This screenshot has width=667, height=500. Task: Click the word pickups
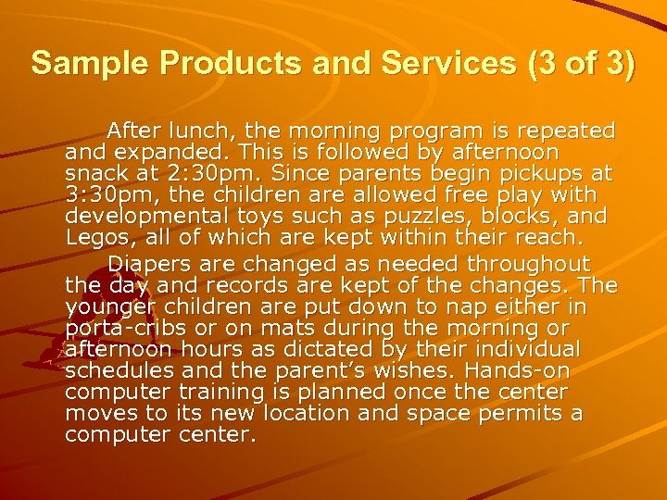tap(546, 173)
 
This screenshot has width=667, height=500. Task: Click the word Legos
tap(96, 239)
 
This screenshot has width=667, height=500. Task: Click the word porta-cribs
tap(122, 329)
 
